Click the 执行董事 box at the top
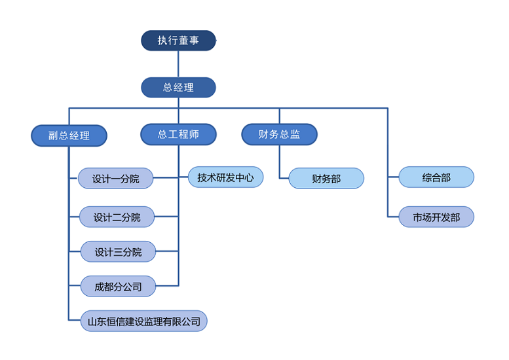[x=178, y=41]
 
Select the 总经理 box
[x=178, y=87]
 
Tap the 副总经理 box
[x=69, y=135]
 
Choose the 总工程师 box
[x=178, y=134]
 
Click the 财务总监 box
[x=279, y=134]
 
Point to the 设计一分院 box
[x=116, y=178]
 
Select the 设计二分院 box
[x=117, y=217]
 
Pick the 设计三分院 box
[x=119, y=252]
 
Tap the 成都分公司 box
[x=119, y=286]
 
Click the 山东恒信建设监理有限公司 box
[x=143, y=321]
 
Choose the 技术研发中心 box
[x=225, y=177]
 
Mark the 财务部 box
[x=326, y=178]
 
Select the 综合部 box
[x=436, y=177]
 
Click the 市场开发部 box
[x=436, y=217]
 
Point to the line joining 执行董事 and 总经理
[x=178, y=64]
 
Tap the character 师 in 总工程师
[x=194, y=134]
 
